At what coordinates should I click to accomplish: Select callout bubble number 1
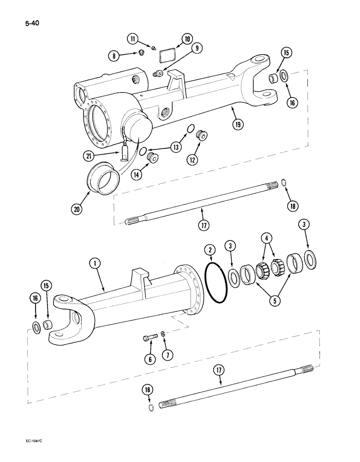coord(95,264)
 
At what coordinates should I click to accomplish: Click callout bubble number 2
coord(210,251)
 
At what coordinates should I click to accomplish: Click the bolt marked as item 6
coord(149,342)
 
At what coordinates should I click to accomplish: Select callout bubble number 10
coord(188,39)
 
